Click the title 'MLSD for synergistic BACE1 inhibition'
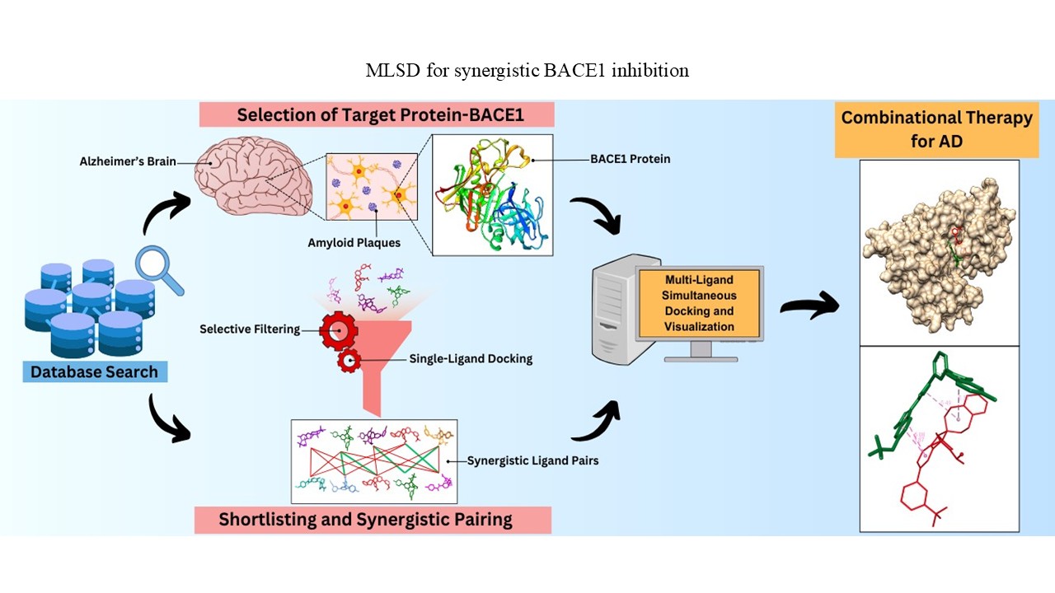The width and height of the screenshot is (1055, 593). (527, 71)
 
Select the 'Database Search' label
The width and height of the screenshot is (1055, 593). (95, 371)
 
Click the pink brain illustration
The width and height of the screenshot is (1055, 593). (253, 176)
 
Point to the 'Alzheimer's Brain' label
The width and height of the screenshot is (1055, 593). (128, 161)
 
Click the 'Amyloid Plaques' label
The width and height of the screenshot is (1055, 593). (354, 243)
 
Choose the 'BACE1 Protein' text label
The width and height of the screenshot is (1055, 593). (631, 159)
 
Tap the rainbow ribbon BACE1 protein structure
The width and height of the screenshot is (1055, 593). (493, 195)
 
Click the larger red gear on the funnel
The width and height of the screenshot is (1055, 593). (339, 331)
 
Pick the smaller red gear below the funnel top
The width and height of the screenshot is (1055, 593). (349, 361)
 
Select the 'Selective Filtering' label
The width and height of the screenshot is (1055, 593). (250, 329)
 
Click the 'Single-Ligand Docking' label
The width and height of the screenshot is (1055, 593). (471, 358)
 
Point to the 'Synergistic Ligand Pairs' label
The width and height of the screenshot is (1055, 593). (532, 460)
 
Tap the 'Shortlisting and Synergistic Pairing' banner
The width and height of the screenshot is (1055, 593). (373, 520)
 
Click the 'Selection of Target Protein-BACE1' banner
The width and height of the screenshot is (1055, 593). (377, 114)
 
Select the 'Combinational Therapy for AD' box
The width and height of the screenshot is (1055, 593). (937, 130)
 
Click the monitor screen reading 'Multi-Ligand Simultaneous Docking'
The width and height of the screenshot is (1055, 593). (699, 303)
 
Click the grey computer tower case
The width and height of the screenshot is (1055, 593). (617, 311)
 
